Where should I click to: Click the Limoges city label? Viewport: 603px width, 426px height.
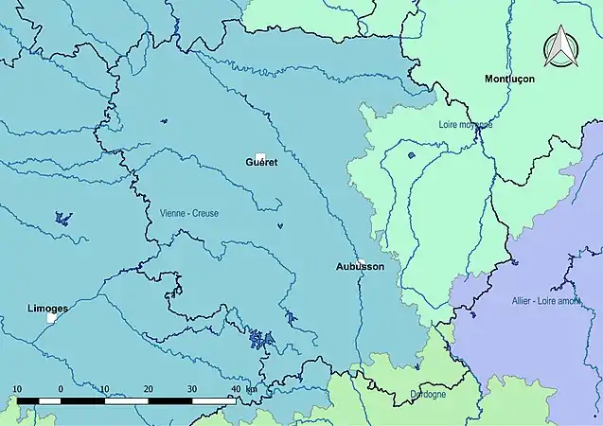point(46,309)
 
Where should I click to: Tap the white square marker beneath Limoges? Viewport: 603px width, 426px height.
point(51,319)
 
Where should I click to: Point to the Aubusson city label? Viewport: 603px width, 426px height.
point(361,267)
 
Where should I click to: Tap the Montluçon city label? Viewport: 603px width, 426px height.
point(509,79)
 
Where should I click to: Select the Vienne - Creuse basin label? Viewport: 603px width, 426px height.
point(189,214)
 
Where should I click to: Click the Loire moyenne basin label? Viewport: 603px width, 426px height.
point(466,124)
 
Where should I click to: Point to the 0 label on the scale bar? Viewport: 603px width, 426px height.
point(61,389)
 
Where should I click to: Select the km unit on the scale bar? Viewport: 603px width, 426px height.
point(251,389)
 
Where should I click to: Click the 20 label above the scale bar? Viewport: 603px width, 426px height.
point(148,389)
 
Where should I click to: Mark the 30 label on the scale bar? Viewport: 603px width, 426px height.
point(192,389)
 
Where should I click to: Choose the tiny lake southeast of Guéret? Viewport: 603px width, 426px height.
point(280,225)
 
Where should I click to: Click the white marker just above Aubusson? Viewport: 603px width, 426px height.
point(362,260)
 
